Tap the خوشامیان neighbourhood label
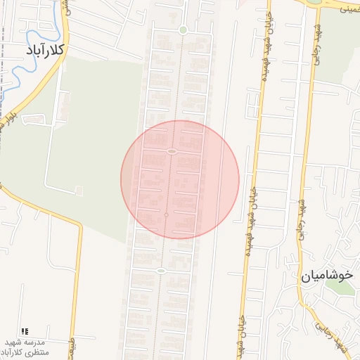click(326, 276)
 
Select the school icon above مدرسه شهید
click(25, 331)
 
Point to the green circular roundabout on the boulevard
click(183, 30)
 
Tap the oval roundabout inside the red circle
click(172, 151)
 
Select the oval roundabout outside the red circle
click(161, 271)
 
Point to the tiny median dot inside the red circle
click(166, 214)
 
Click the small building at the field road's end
click(79, 190)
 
